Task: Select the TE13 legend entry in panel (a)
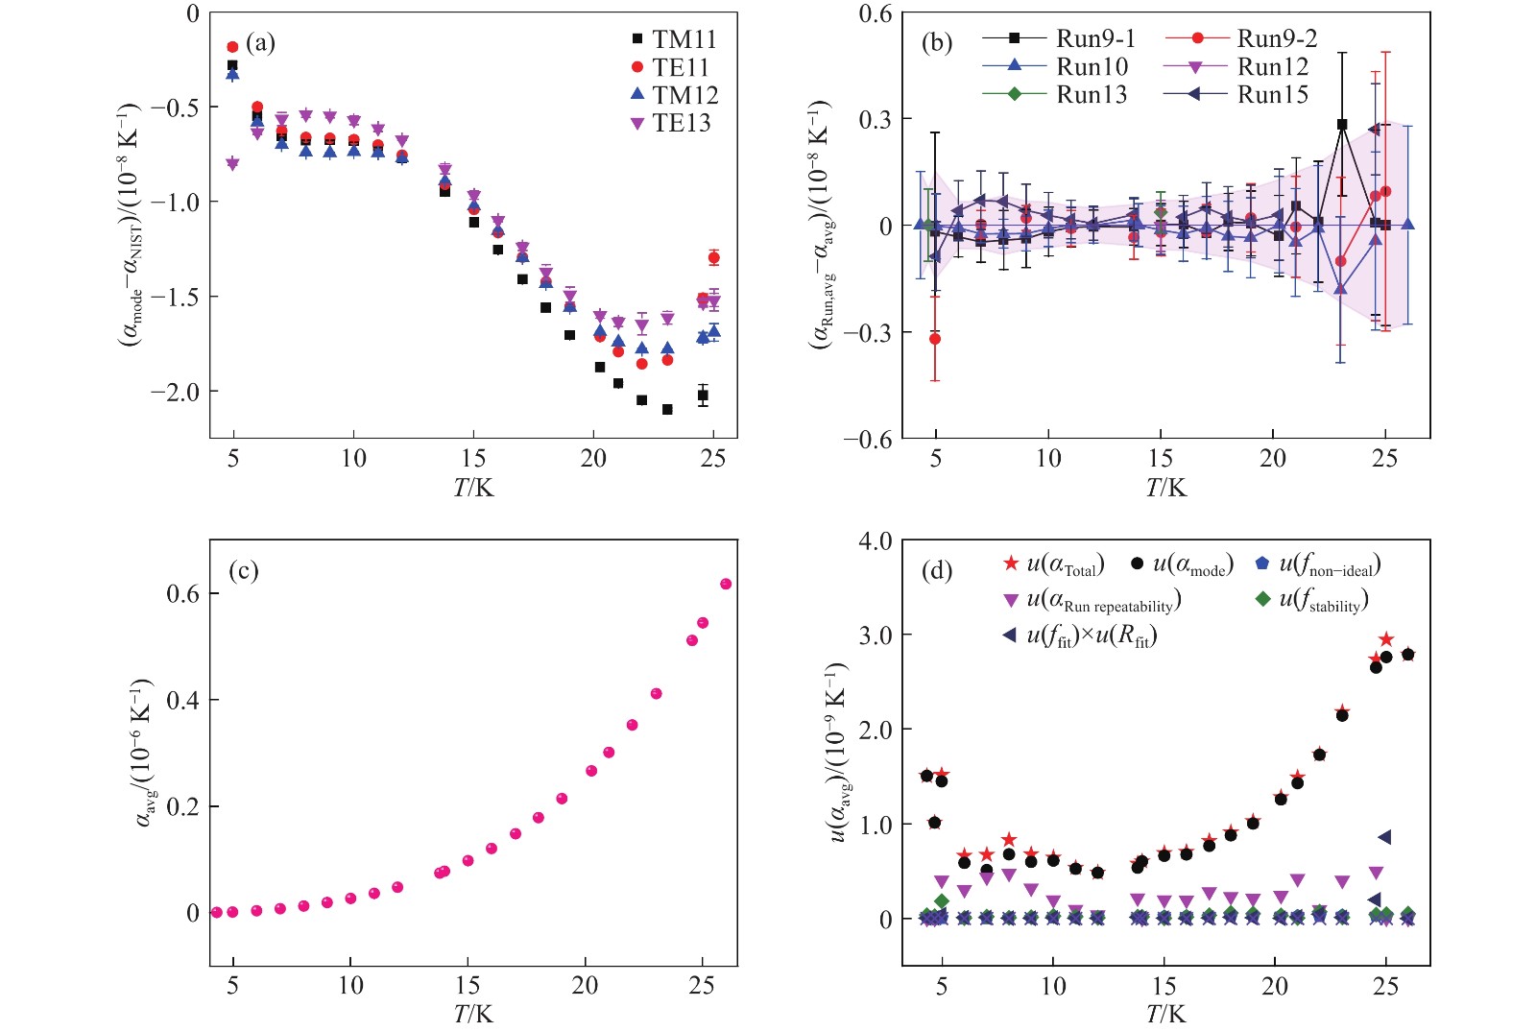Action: tap(672, 123)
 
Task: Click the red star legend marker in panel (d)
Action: tap(1011, 563)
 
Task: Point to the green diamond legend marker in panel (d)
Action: tap(1263, 600)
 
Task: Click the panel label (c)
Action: tap(243, 571)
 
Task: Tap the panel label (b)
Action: tap(936, 43)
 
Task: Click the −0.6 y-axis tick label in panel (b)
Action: tap(867, 440)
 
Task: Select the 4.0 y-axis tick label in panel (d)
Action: tap(875, 541)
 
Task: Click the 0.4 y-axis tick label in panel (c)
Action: tap(182, 701)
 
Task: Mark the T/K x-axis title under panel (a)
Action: tap(473, 488)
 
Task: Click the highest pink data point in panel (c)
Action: tap(726, 584)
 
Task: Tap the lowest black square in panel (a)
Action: tap(667, 409)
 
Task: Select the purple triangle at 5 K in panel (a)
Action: tap(232, 164)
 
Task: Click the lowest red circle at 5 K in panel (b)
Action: tap(935, 339)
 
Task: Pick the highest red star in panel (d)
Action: tap(1386, 639)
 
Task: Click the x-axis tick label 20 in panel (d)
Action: tap(1275, 986)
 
